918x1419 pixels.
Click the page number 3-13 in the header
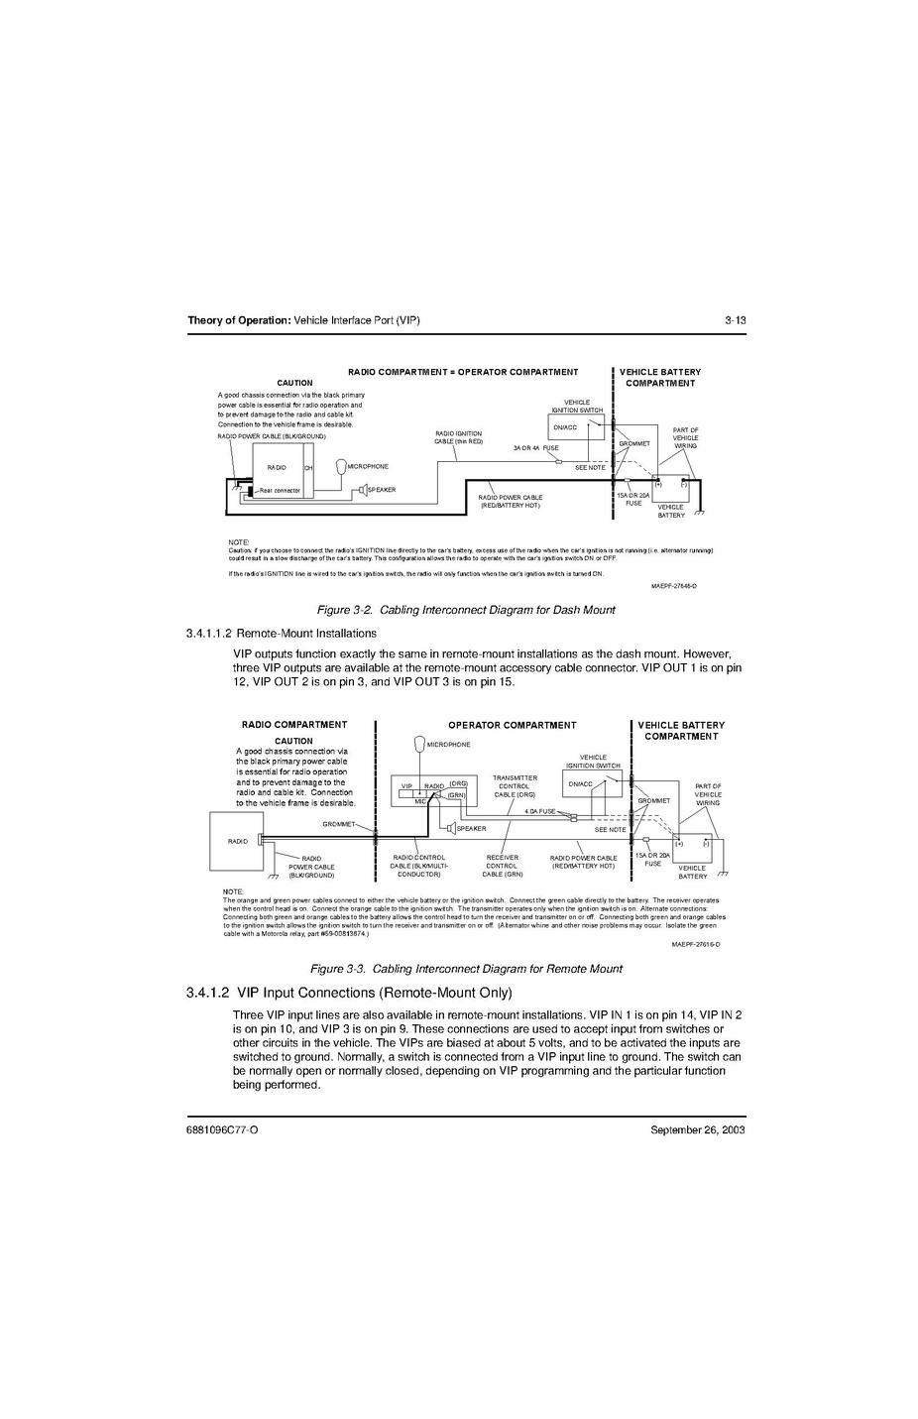coord(734,320)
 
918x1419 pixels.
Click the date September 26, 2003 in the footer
coord(697,1129)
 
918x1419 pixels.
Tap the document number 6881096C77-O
coord(222,1129)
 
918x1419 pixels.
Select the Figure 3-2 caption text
coord(465,610)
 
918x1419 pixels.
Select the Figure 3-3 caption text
coord(466,968)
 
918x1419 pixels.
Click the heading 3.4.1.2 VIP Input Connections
coord(348,993)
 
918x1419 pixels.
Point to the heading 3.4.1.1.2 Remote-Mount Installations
coord(281,633)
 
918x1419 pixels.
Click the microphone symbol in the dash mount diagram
coord(341,466)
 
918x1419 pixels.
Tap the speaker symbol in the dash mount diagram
coord(364,490)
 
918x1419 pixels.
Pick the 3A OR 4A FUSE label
coord(535,448)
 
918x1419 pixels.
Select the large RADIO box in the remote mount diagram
coord(234,841)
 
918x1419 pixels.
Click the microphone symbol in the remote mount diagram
coord(419,745)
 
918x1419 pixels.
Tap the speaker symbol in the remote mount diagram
coord(449,828)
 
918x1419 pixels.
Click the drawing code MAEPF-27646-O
coord(673,587)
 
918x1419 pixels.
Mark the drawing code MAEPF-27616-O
coord(695,944)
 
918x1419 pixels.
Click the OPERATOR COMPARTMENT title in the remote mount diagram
coord(512,725)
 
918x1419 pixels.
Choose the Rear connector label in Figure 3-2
coord(280,490)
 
